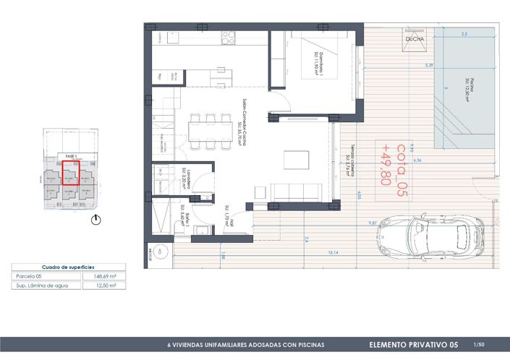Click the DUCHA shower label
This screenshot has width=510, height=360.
click(x=416, y=40)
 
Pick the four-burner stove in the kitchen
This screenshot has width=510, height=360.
click(x=229, y=36)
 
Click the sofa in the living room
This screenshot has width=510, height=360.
click(x=296, y=192)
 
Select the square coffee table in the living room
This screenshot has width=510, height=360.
click(x=297, y=158)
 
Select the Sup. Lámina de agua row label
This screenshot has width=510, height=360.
click(x=41, y=286)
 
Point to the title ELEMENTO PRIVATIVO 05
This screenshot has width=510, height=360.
click(x=413, y=345)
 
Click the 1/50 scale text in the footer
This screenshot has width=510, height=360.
click(x=478, y=345)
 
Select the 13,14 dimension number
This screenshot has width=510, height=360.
click(x=333, y=252)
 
